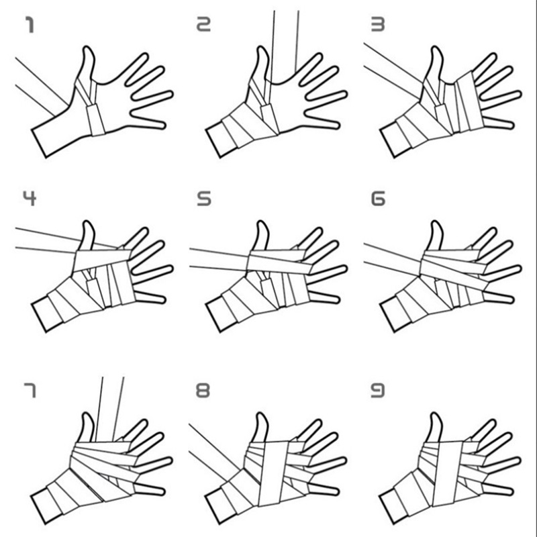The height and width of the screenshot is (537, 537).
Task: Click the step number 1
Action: pyautogui.click(x=30, y=26)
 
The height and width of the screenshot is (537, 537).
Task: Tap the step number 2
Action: pyautogui.click(x=203, y=24)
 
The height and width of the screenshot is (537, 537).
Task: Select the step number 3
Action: pyautogui.click(x=378, y=24)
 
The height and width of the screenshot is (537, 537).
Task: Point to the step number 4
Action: pyautogui.click(x=30, y=198)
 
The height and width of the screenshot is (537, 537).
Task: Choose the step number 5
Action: pyautogui.click(x=204, y=199)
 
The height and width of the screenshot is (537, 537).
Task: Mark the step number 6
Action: pyautogui.click(x=378, y=199)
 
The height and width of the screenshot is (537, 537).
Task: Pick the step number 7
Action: pyautogui.click(x=30, y=391)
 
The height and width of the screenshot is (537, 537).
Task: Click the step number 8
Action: pyautogui.click(x=203, y=391)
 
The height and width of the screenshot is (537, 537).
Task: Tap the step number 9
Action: pyautogui.click(x=378, y=391)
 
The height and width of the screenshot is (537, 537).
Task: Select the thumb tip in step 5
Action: pyautogui.click(x=262, y=223)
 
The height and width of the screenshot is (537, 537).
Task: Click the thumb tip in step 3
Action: pyautogui.click(x=435, y=48)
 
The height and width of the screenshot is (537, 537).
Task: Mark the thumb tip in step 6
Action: pyautogui.click(x=435, y=223)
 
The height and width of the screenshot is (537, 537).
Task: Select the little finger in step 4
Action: pyautogui.click(x=150, y=297)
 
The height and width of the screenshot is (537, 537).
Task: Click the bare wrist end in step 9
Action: pyautogui.click(x=394, y=506)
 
